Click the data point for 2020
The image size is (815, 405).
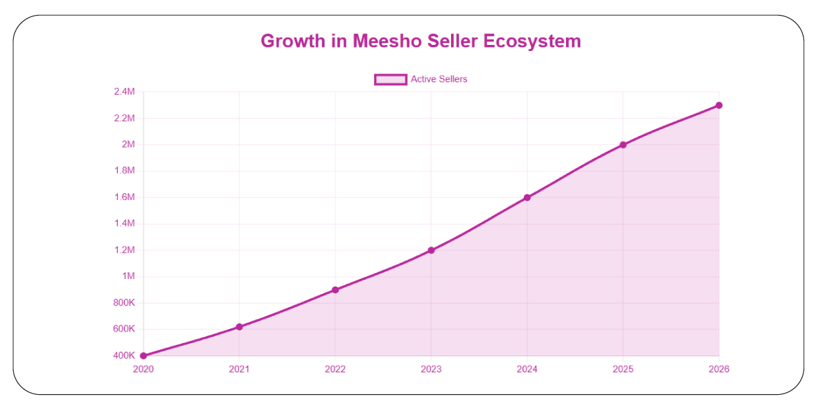click(144, 355)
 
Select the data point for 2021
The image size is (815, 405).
click(239, 327)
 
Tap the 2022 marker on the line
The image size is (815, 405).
click(335, 290)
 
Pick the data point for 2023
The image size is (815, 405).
click(431, 250)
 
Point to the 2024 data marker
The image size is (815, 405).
click(527, 197)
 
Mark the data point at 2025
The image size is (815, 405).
click(623, 144)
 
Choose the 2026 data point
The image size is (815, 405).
click(719, 105)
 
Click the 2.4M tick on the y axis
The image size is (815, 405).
click(124, 92)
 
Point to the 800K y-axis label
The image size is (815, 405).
click(124, 303)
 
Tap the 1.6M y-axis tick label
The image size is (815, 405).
click(124, 197)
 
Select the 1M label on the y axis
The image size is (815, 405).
click(129, 276)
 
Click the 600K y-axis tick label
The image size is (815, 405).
click(124, 329)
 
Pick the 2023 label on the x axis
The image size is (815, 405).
click(431, 370)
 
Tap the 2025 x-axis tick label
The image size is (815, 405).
click(623, 370)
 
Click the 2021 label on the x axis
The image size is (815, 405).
click(239, 370)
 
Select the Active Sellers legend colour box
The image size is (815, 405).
click(390, 80)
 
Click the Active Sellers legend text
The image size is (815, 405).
click(439, 80)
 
